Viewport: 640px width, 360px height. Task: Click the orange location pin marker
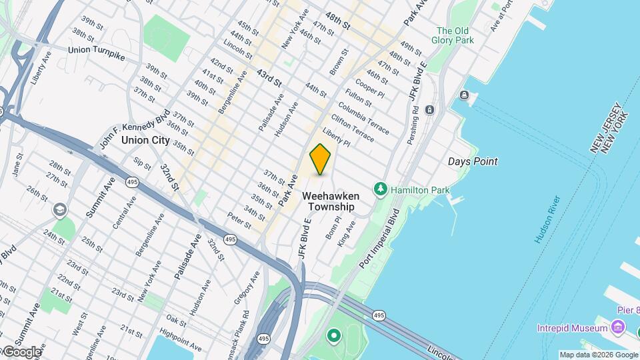pos(320,159)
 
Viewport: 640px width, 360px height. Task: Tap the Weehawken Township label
pos(331,201)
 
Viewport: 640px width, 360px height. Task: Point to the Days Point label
pos(473,161)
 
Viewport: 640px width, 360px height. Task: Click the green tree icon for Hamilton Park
pos(381,189)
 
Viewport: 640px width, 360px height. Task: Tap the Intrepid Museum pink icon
pos(618,327)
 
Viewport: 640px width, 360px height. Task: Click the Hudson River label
pos(546,219)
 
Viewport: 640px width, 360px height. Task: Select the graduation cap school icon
pos(60,211)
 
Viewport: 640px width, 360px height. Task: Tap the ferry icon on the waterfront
pos(465,96)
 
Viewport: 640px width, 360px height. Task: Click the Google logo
pos(21,352)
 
